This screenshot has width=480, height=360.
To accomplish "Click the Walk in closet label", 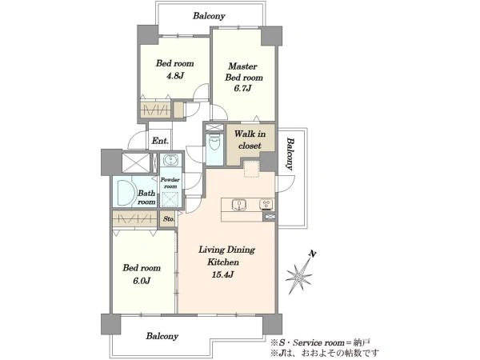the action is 250,140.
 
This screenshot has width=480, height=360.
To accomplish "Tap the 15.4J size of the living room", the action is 223,274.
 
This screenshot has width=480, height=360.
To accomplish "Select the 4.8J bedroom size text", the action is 174,76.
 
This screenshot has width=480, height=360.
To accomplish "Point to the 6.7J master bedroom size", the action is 242,89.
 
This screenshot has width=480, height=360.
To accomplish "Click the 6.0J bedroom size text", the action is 142,281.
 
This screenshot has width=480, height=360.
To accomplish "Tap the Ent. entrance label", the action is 161,141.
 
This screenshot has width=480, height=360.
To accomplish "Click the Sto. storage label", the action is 169,219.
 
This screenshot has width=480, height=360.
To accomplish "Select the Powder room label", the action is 170,183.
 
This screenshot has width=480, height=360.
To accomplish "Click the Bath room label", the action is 146,198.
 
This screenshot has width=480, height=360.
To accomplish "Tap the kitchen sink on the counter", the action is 239,205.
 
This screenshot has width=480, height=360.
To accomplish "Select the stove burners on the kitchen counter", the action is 266,205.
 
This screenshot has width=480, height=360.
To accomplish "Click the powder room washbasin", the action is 170,160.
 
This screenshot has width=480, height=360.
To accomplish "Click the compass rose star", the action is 298,277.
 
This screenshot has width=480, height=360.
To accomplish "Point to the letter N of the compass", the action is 312,254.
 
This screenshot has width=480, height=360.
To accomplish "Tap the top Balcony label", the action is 209,16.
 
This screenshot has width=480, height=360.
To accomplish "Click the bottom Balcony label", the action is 162,336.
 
